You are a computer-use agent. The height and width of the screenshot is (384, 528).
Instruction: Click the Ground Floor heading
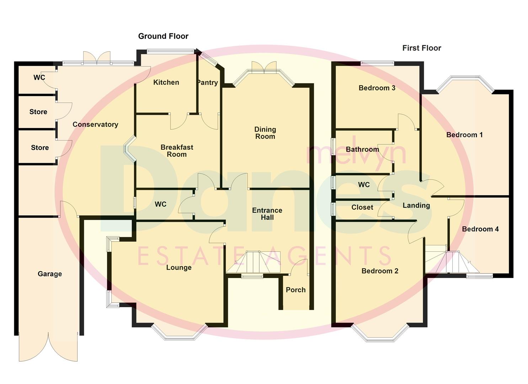163,36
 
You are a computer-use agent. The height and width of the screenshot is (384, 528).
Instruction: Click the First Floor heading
421,48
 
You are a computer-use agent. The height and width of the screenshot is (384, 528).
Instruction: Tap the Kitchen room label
166,82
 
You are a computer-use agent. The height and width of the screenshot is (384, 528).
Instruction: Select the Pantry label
207,82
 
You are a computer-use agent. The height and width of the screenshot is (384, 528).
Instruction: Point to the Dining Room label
265,133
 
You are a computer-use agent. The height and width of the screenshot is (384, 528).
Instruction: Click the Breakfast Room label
177,151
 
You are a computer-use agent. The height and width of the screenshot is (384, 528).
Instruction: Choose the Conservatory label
95,124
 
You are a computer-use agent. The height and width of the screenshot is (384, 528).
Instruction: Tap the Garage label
50,274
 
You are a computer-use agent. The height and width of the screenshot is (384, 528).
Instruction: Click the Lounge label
179,267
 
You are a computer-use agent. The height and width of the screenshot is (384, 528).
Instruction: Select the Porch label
295,290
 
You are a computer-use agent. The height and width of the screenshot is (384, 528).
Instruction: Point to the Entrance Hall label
267,214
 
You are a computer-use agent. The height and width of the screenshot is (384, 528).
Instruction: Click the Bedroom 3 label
377,88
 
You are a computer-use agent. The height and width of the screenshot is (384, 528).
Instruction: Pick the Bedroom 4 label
480,229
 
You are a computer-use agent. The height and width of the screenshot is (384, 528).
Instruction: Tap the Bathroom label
362,149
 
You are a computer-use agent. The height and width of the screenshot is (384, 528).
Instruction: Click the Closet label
362,207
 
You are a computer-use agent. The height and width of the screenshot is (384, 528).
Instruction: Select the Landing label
416,206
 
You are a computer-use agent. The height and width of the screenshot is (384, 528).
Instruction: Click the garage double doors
48,347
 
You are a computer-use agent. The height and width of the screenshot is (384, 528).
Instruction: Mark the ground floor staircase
253,262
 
